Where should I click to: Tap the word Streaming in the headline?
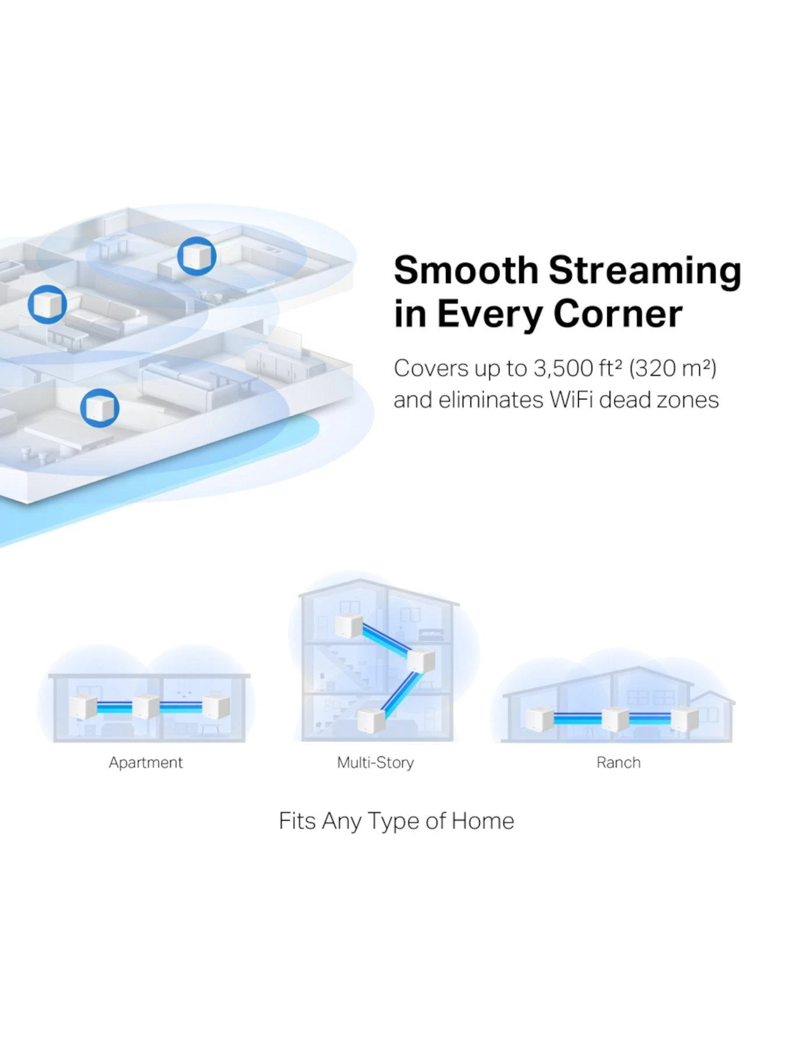point(645,271)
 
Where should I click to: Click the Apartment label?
point(146,763)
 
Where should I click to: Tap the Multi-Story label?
point(376,763)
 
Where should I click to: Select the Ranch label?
point(618,763)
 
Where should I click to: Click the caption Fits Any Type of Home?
point(396,821)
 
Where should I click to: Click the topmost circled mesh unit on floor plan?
point(197,256)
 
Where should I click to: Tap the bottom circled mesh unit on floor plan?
point(100,408)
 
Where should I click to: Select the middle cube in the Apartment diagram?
point(146,707)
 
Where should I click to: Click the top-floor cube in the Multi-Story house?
point(349,626)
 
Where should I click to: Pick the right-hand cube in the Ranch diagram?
point(684,719)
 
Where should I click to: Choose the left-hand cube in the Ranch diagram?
point(539,719)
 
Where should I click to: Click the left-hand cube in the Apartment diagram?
point(83,707)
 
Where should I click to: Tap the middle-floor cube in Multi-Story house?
point(420,660)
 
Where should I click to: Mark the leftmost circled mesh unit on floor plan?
point(47,305)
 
